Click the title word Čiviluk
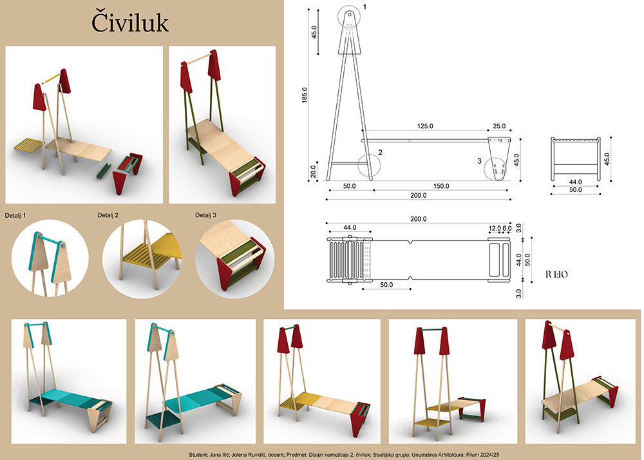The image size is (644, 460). [x=130, y=23]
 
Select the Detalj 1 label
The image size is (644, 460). [x=15, y=215]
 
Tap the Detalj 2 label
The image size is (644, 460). [x=108, y=215]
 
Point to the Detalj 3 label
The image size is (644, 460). [x=206, y=215]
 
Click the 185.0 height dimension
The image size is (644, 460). [x=305, y=95]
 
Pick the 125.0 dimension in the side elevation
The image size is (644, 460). [x=425, y=126]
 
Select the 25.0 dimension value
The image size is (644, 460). [x=499, y=126]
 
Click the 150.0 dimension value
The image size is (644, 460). [x=441, y=186]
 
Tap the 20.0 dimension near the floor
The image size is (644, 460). [x=313, y=171]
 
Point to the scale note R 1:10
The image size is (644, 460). [x=556, y=274]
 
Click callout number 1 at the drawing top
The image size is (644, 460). [x=365, y=7]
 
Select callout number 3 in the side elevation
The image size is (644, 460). [x=479, y=161]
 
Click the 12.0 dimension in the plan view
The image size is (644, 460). [x=495, y=228]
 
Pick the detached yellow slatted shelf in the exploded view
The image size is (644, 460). [x=29, y=144]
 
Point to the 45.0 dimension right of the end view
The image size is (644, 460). [x=607, y=159]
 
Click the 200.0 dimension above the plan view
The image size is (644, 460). [x=418, y=219]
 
